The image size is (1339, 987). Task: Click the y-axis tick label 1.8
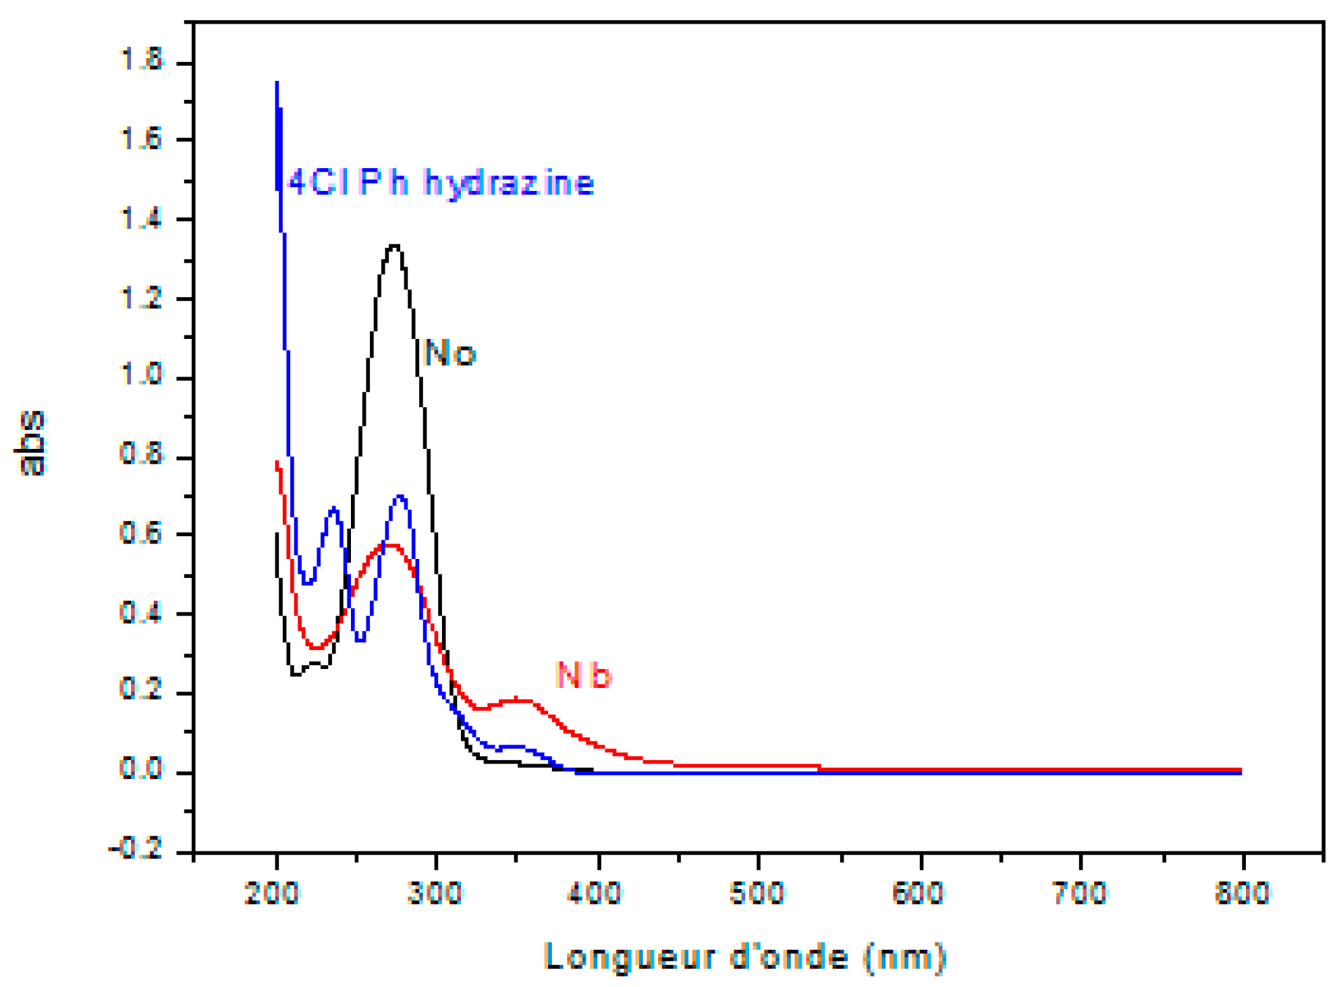pyautogui.click(x=141, y=60)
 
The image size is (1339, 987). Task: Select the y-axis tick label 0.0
pyautogui.click(x=141, y=769)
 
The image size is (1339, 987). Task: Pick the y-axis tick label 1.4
pyautogui.click(x=141, y=219)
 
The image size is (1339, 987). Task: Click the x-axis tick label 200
pyautogui.click(x=272, y=893)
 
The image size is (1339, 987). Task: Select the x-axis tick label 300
pyautogui.click(x=435, y=893)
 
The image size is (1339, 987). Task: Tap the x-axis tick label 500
pyautogui.click(x=757, y=893)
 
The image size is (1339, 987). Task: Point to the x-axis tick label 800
pyautogui.click(x=1242, y=893)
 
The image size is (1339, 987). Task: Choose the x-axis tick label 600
pyautogui.click(x=918, y=893)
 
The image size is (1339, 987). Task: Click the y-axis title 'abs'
pyautogui.click(x=30, y=443)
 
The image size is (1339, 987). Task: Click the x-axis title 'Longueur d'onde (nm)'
pyautogui.click(x=745, y=957)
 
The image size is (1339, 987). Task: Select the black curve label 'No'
pyautogui.click(x=449, y=353)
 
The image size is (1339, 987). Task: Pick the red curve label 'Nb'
pyautogui.click(x=584, y=675)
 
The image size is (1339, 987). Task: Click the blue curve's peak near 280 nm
pyautogui.click(x=400, y=497)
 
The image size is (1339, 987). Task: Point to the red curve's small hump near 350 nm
pyautogui.click(x=516, y=700)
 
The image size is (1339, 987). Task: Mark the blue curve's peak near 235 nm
pyautogui.click(x=333, y=508)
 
